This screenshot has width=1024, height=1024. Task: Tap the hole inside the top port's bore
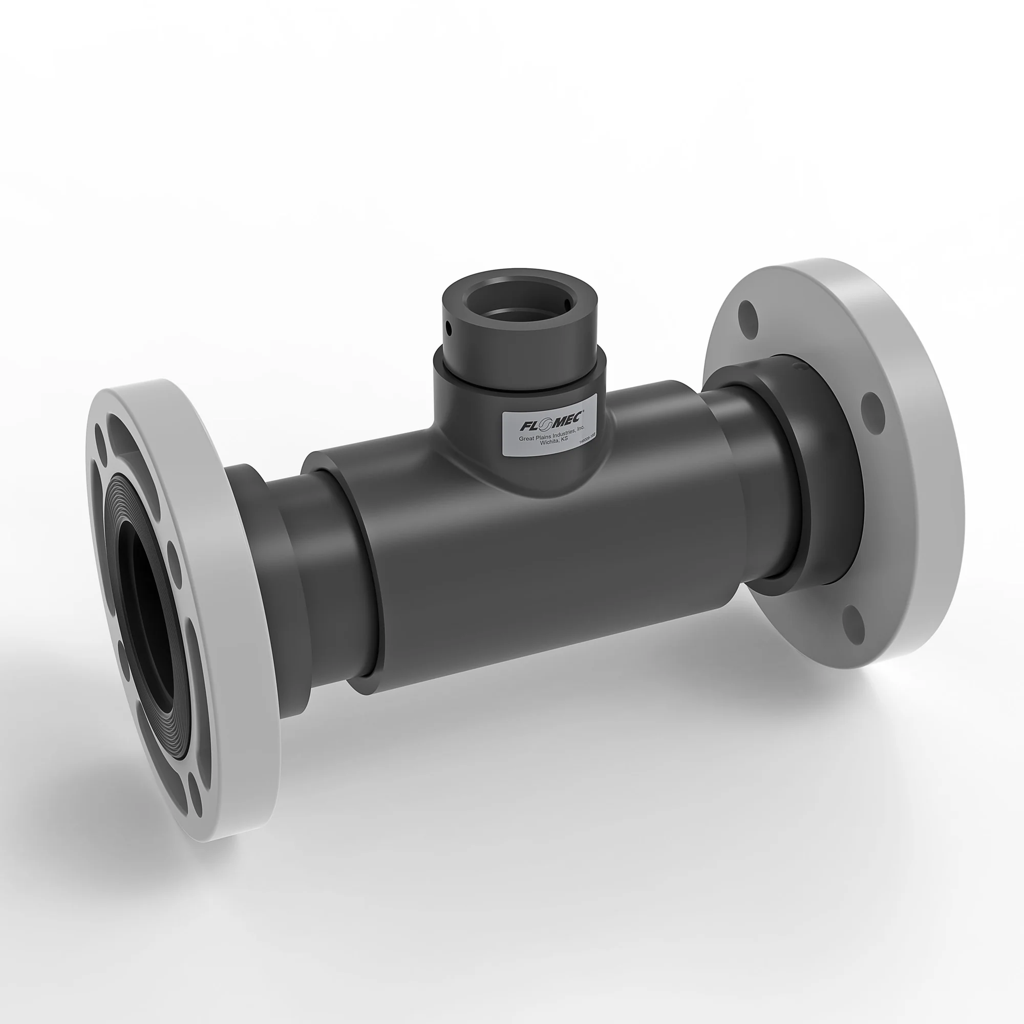click(567, 304)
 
